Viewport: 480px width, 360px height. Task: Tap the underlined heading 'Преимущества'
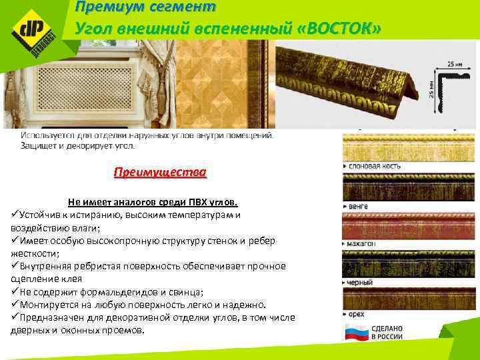(160, 173)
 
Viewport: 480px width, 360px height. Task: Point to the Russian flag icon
(355, 333)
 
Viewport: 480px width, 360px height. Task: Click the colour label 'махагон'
(361, 244)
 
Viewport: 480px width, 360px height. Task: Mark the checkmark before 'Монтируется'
(15, 303)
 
